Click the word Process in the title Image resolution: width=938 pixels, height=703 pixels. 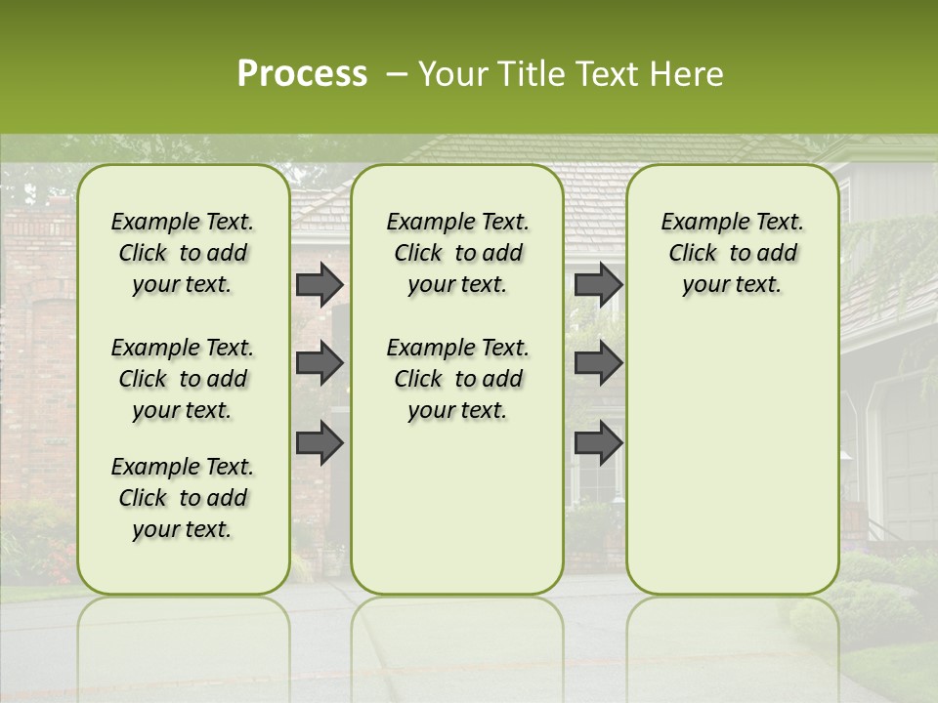[302, 74]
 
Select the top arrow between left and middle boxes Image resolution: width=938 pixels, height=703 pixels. [319, 284]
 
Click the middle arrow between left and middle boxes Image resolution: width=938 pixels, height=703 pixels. [319, 363]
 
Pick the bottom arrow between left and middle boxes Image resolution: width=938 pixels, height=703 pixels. [319, 442]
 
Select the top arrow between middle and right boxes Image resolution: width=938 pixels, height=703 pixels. [598, 284]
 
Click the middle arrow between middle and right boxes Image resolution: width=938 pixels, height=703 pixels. [598, 363]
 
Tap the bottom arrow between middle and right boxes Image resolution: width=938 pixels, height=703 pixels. [598, 442]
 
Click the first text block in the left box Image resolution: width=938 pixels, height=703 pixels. [183, 253]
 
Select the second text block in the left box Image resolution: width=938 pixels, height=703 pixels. [183, 379]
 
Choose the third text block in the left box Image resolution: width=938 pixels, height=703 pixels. [183, 498]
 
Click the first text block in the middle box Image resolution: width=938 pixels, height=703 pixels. [457, 253]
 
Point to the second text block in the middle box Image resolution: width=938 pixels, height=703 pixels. [457, 379]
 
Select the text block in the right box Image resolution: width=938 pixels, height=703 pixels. [732, 253]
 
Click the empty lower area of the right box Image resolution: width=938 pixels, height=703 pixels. [732, 459]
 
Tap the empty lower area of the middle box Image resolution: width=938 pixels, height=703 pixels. [457, 508]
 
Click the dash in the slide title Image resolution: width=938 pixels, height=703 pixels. [397, 75]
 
